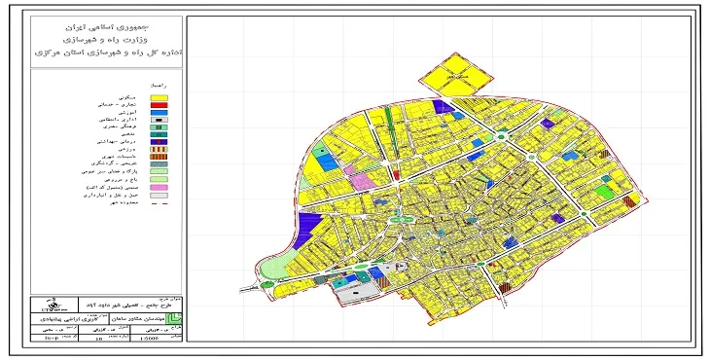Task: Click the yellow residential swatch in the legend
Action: [x=160, y=98]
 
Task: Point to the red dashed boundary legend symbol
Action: [x=160, y=204]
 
